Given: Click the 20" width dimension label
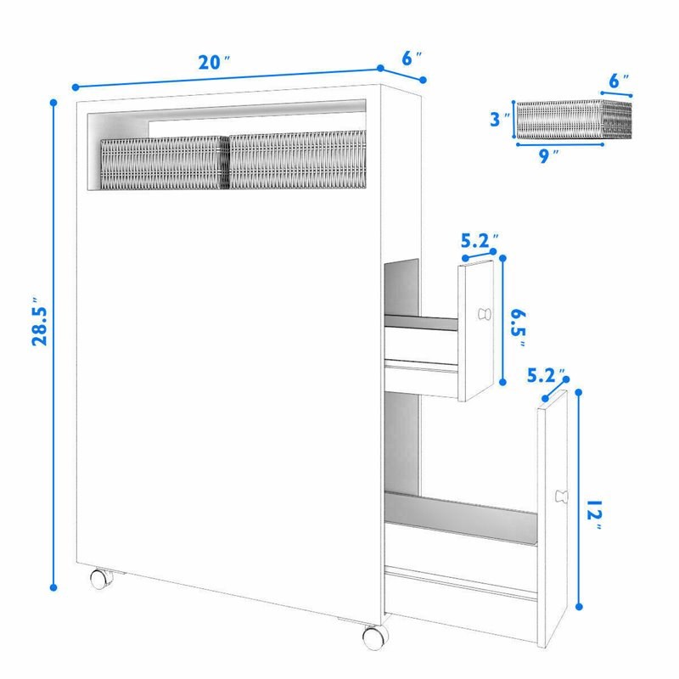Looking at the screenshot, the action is pyautogui.click(x=214, y=62).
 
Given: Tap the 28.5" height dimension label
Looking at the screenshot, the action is pyautogui.click(x=40, y=321).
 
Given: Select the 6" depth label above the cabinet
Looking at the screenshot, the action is pyautogui.click(x=412, y=59).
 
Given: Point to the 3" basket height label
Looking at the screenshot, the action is pyautogui.click(x=499, y=119).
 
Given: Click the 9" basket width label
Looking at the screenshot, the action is pyautogui.click(x=548, y=156).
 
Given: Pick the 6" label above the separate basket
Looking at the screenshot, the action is pyautogui.click(x=619, y=81).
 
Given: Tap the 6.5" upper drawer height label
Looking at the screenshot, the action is pyautogui.click(x=519, y=328).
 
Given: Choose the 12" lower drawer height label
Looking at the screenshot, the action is pyautogui.click(x=594, y=515).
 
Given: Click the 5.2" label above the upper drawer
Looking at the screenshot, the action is pyautogui.click(x=480, y=241).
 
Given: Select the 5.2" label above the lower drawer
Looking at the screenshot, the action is pyautogui.click(x=546, y=376).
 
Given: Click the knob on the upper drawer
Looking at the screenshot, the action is pyautogui.click(x=485, y=314).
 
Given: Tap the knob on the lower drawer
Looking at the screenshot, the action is pyautogui.click(x=561, y=497).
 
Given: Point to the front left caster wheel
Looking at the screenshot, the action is pyautogui.click(x=100, y=579).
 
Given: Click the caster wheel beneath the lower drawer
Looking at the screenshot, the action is pyautogui.click(x=374, y=637).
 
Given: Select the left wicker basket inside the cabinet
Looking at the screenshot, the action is pyautogui.click(x=165, y=163).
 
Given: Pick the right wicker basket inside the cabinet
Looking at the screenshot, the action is pyautogui.click(x=298, y=160).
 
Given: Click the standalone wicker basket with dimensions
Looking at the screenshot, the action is pyautogui.click(x=574, y=119).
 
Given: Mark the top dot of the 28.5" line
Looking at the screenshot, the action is pyautogui.click(x=53, y=103).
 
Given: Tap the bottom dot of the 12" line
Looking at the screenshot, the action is pyautogui.click(x=580, y=607).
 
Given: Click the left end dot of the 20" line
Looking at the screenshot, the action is pyautogui.click(x=76, y=87).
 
